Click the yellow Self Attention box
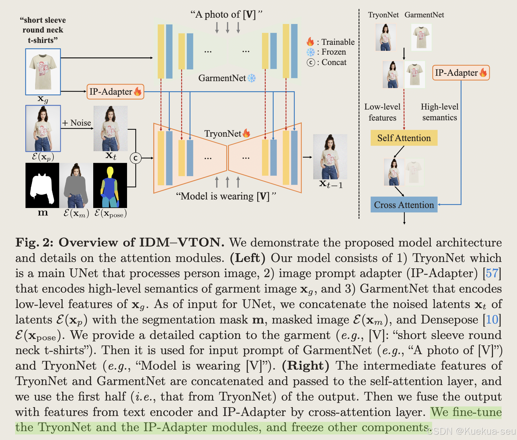tap(404, 138)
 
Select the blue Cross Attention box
tap(404, 205)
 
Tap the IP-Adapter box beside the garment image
tap(115, 92)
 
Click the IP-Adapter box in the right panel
tap(461, 73)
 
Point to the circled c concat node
tap(136, 158)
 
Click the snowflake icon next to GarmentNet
tap(252, 78)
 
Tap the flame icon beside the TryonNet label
tap(246, 134)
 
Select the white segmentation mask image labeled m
tap(42, 186)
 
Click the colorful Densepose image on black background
tap(110, 186)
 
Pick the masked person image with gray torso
tap(76, 186)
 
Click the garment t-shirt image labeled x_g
tap(43, 72)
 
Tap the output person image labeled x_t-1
tap(330, 157)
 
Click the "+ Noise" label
tap(76, 123)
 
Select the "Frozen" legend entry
tap(333, 52)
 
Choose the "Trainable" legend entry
tap(338, 42)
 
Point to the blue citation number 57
tap(492, 273)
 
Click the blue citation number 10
tap(492, 320)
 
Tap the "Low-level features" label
tap(382, 112)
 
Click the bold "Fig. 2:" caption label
tap(34, 242)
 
